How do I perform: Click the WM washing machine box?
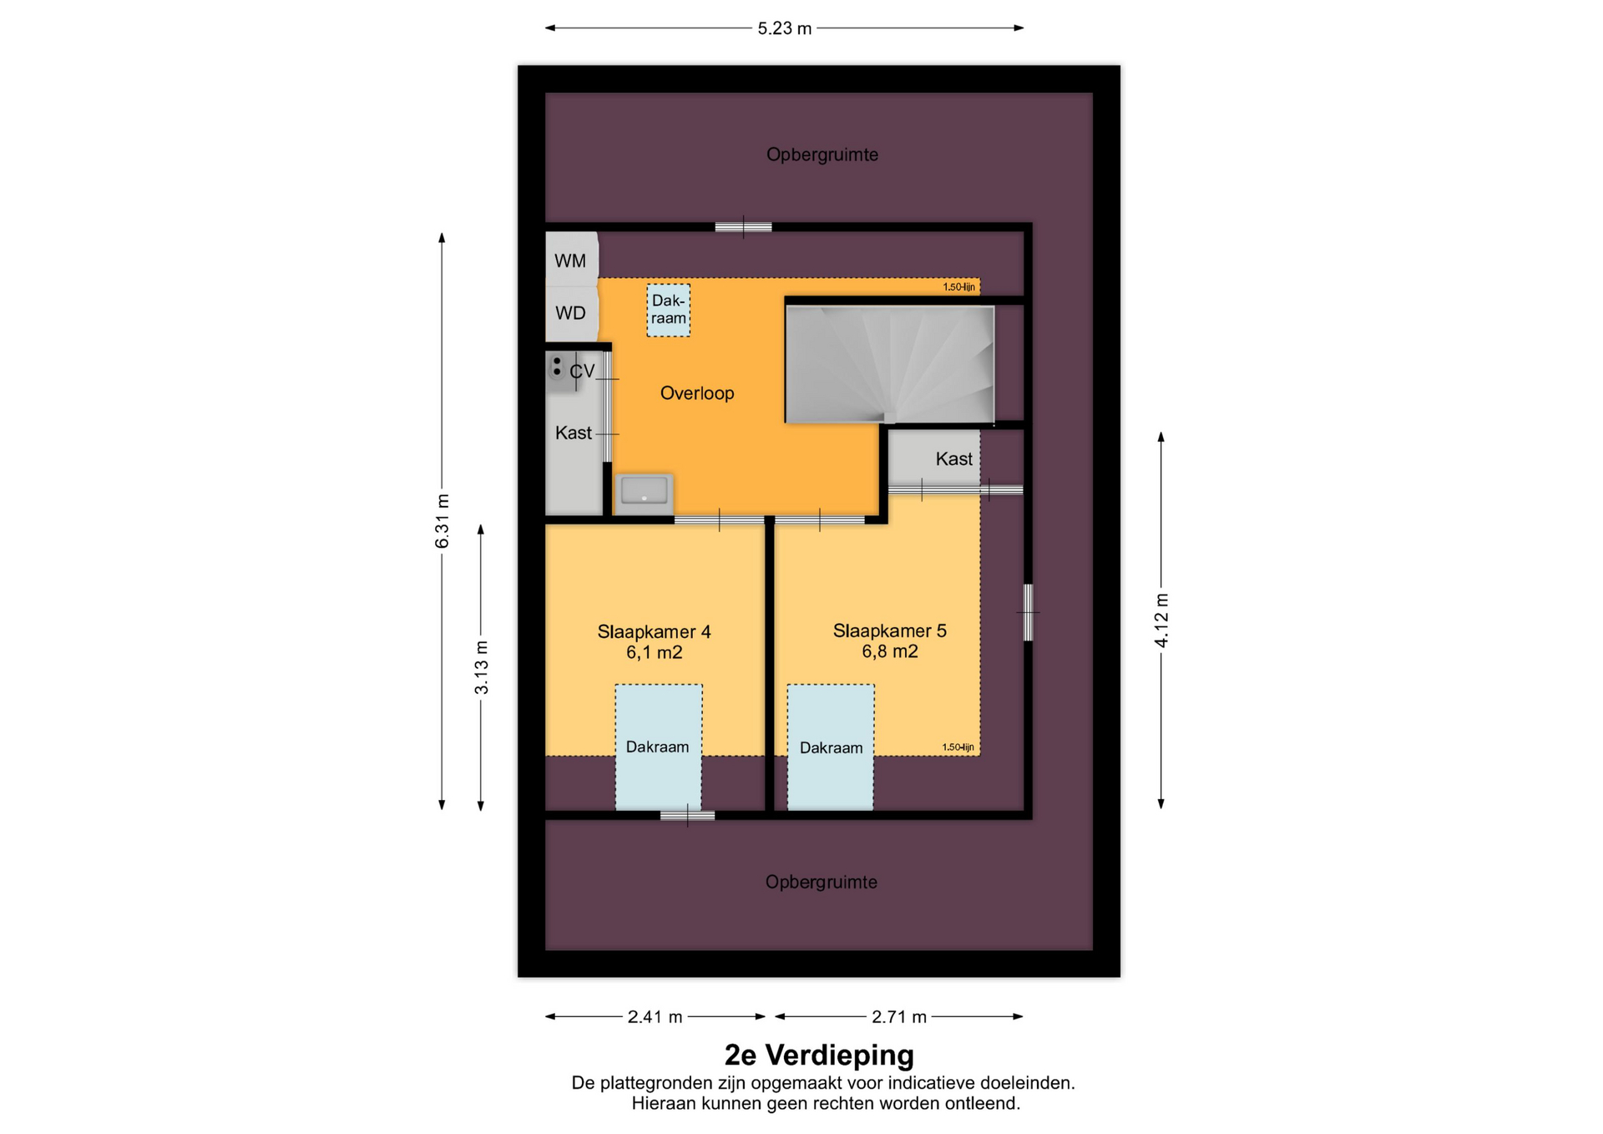coord(572,260)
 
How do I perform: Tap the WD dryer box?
coord(572,313)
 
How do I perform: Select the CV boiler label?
coord(582,371)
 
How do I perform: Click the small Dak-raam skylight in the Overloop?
coord(669,310)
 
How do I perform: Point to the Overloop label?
coord(697,393)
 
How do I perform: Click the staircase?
coord(890,364)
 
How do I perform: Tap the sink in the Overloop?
coord(645,491)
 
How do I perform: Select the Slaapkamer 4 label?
coord(654,632)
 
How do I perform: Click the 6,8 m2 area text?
coord(890,651)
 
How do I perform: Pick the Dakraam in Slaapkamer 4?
coord(659,747)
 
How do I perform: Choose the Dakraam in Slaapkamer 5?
coord(831,747)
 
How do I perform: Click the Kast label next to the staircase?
coord(953,458)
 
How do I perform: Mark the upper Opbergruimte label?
coord(822,154)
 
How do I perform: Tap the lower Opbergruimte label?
coord(822,882)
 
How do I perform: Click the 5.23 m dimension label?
coord(785,28)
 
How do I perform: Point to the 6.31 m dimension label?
coord(442,521)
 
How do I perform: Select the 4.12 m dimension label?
coord(1161,620)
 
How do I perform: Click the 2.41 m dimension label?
coord(655,1016)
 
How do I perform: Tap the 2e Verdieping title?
coord(819,1055)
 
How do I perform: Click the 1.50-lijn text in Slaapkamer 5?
coord(958,747)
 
